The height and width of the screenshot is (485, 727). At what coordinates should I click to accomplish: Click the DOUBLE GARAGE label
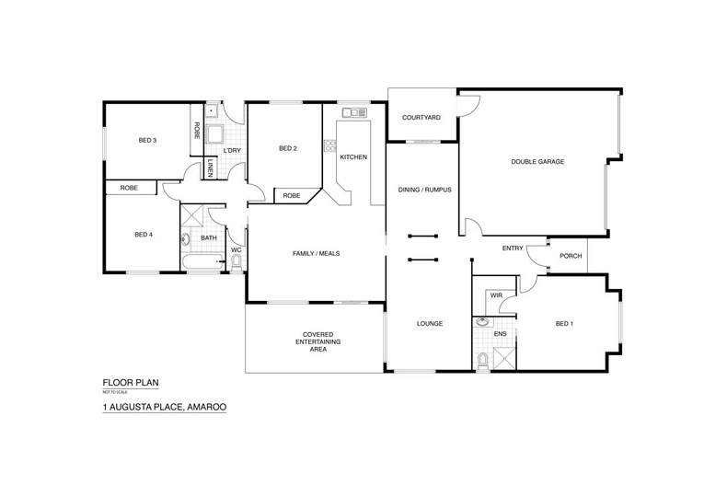[x=537, y=162]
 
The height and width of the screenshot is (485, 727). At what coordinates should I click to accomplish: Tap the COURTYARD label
[x=421, y=118]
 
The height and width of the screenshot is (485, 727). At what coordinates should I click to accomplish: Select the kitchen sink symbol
[x=354, y=112]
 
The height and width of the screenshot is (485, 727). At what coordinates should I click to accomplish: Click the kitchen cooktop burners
[x=329, y=145]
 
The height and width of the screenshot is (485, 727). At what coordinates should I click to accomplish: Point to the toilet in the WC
[x=237, y=262]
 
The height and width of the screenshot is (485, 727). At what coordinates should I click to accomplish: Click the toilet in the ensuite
[x=483, y=361]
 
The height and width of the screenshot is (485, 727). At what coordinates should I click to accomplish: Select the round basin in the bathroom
[x=186, y=239]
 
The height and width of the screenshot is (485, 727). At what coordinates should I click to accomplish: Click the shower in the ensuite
[x=504, y=358]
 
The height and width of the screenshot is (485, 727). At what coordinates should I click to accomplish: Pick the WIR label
[x=496, y=295]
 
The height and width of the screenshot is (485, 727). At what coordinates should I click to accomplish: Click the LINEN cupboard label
[x=210, y=168]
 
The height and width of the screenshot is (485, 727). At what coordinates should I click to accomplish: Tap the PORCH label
[x=571, y=256]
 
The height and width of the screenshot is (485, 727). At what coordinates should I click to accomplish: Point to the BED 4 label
[x=144, y=235]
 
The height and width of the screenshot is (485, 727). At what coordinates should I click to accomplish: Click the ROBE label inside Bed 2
[x=292, y=196]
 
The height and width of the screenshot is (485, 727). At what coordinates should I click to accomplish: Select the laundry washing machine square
[x=214, y=134]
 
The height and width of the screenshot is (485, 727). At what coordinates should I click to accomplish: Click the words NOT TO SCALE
[x=115, y=392]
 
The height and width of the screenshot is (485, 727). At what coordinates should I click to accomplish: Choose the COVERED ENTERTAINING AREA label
[x=318, y=341]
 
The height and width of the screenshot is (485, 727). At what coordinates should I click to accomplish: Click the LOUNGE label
[x=430, y=324]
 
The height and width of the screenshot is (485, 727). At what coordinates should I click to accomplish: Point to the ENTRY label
[x=513, y=248]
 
